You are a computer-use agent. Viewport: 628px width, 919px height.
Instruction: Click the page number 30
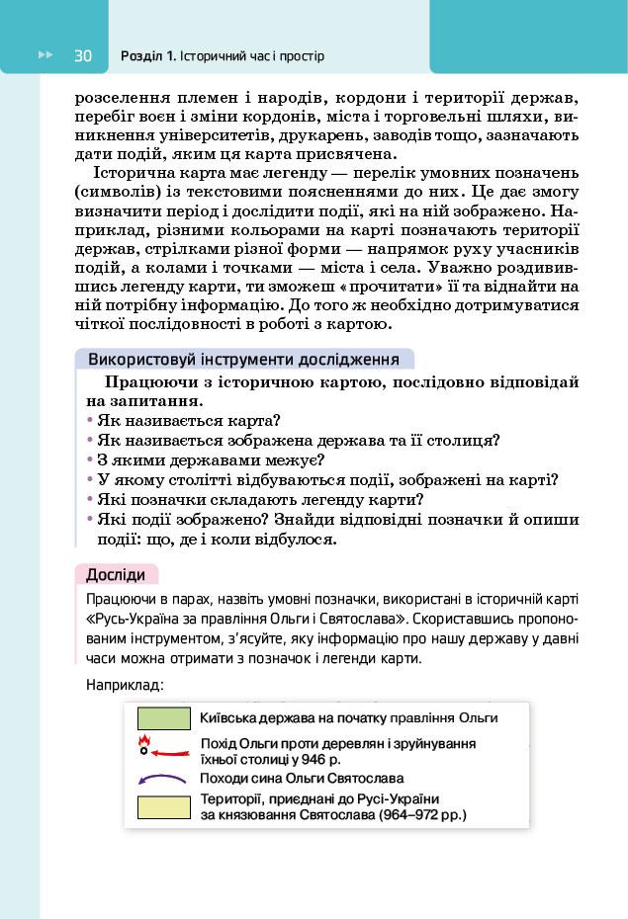(82, 56)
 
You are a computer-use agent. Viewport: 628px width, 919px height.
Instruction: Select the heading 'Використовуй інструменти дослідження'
(243, 359)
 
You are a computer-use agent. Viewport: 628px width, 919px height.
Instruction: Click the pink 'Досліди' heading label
(116, 574)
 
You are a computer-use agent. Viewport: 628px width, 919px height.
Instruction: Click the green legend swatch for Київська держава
(163, 718)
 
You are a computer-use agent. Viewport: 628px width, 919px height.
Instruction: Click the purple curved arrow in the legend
(162, 779)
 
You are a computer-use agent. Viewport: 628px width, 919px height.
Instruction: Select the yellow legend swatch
(163, 807)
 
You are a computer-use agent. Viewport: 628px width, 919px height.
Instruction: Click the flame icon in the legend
(143, 741)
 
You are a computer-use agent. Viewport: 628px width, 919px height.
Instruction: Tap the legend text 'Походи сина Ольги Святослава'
(302, 779)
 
